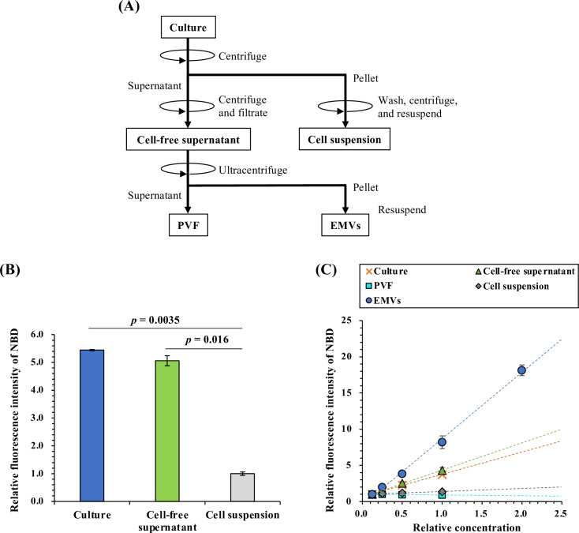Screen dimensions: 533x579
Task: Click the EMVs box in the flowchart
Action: coord(342,227)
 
